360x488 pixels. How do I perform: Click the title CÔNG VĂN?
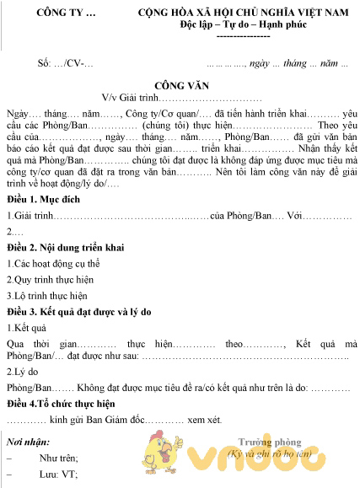[x=180, y=85]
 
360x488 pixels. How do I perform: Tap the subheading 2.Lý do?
[x=24, y=371]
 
